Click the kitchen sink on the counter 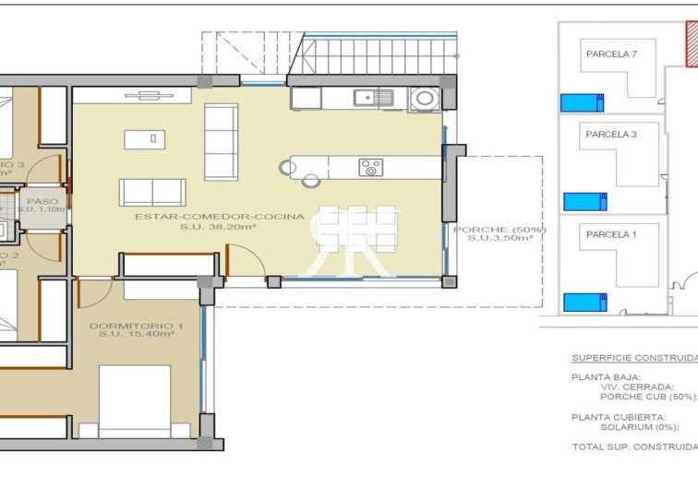coord(377,96)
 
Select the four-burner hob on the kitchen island coord(371,167)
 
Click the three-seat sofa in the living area coord(221,142)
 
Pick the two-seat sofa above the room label coord(152,192)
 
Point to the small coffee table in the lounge coord(139,139)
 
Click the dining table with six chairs coord(358,229)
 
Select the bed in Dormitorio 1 coord(135,401)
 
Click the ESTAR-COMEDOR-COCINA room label coord(219,217)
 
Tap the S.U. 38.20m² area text coord(219,227)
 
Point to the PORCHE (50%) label coord(499,230)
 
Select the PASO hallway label coord(42,200)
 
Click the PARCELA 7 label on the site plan coord(611,54)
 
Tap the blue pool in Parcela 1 coord(584,301)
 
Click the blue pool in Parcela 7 coord(582,101)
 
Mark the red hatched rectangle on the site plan coord(691,44)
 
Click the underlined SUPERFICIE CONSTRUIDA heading coord(633,358)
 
